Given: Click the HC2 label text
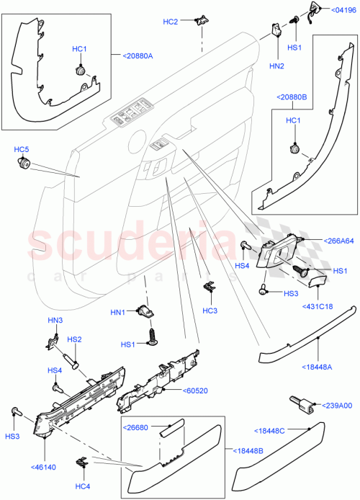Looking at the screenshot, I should click(170, 22).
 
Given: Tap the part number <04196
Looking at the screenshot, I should click(343, 10).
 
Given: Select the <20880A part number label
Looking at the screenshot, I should click(131, 55).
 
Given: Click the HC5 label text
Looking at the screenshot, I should click(22, 149).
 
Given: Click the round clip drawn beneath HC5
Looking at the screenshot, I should click(23, 166).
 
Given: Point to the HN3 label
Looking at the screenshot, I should click(55, 320).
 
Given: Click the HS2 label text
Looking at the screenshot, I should click(73, 339).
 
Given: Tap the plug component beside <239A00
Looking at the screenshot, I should click(298, 404).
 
